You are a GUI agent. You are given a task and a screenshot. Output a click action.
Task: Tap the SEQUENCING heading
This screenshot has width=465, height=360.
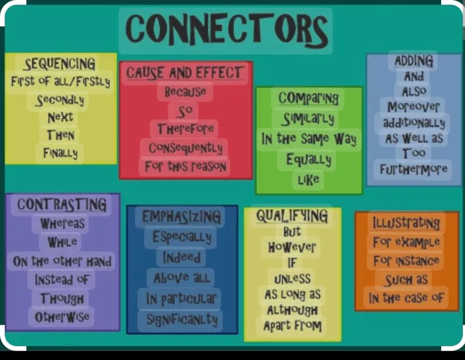point(60,64)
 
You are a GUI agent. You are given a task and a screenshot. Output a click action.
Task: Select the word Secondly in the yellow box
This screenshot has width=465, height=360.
point(60,101)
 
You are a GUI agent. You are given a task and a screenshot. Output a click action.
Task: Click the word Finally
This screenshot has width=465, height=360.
point(60,153)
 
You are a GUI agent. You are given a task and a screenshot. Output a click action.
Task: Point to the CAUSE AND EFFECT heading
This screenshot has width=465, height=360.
point(185,73)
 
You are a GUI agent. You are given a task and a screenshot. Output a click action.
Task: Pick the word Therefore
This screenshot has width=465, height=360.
point(185,129)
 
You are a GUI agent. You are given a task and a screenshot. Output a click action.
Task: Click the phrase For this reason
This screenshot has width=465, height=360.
point(185,166)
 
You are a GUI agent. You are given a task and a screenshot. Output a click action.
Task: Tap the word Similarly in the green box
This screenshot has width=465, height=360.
point(309,119)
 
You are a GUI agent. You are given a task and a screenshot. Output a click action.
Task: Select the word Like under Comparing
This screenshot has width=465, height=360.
point(309,180)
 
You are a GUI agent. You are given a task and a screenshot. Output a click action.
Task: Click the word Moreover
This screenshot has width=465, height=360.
point(413,107)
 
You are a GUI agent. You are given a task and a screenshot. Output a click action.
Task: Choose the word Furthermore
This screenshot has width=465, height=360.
point(413,169)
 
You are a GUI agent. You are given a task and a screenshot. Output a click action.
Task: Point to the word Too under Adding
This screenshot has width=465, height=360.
point(414,153)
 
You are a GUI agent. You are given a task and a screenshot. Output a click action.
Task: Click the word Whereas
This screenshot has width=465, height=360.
point(62,223)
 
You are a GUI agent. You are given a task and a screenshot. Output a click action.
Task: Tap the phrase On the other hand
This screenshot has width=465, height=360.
point(62,262)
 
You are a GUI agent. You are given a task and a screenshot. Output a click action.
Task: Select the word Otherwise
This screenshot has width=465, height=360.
point(62,316)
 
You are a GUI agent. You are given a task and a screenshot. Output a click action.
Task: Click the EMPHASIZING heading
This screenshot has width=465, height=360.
point(181,216)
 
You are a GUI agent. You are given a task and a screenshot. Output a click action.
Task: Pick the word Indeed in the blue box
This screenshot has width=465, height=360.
point(181,257)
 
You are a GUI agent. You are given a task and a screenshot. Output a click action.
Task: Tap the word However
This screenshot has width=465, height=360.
point(292,247)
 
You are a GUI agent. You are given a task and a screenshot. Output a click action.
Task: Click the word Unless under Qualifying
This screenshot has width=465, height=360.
point(292,279)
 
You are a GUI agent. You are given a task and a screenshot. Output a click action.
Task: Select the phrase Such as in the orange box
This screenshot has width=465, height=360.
point(406,280)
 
